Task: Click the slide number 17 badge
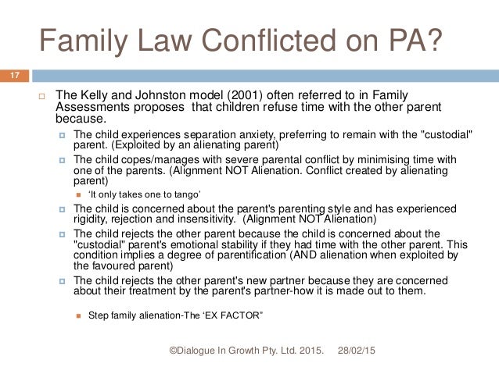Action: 14,76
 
